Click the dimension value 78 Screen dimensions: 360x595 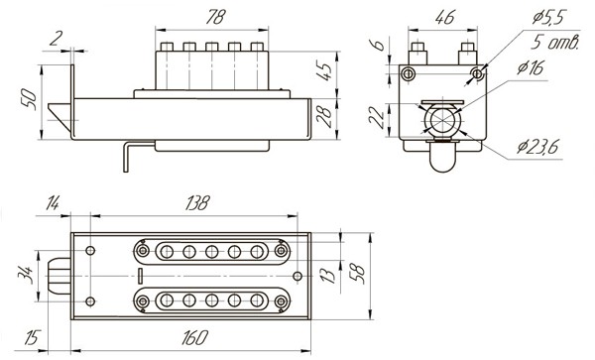(207, 17)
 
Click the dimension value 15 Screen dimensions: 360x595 (32, 338)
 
